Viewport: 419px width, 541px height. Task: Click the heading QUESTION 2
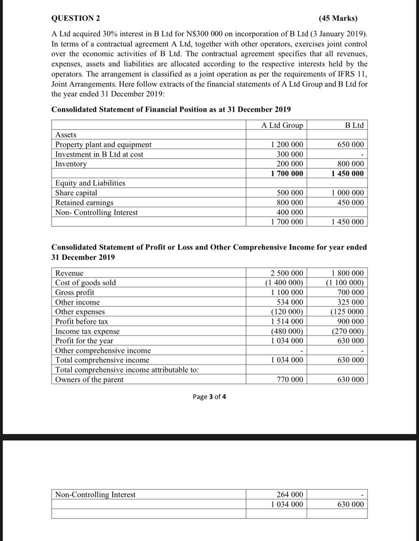[76, 19]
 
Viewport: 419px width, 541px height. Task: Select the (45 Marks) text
[338, 19]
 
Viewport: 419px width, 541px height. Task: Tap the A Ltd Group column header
[282, 125]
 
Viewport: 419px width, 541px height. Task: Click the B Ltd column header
[354, 125]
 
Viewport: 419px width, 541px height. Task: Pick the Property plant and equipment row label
[103, 145]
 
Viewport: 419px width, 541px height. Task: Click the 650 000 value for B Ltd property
[350, 145]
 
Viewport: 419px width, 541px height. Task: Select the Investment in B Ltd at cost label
[99, 154]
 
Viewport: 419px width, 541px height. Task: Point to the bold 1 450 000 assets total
[348, 173]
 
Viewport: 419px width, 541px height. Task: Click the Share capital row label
[76, 193]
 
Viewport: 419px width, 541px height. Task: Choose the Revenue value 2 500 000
[286, 273]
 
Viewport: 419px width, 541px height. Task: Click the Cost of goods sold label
[85, 283]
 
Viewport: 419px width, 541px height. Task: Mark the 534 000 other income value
[290, 302]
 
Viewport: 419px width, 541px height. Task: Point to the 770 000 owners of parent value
[290, 380]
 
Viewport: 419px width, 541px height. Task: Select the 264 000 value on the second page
[290, 495]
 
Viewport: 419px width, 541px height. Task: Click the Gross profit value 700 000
[350, 292]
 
